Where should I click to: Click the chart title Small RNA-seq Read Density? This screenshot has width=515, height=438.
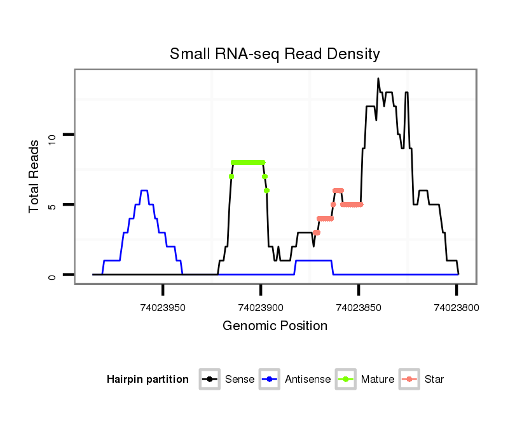[x=275, y=54]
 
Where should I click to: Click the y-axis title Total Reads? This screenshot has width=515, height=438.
[x=36, y=176]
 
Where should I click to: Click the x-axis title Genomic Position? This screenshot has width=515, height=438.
[x=275, y=326]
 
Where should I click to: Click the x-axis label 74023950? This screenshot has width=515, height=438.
[x=163, y=308]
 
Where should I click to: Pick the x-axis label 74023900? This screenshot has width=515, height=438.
[x=261, y=308]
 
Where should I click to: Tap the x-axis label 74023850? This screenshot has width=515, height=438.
[x=359, y=308]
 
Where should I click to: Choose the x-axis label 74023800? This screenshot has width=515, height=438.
[x=457, y=308]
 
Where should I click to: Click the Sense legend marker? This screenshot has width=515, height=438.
[x=209, y=380]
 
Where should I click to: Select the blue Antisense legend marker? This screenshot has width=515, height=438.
[x=270, y=380]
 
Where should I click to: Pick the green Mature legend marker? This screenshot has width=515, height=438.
[x=346, y=380]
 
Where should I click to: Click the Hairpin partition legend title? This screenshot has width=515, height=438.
[x=148, y=380]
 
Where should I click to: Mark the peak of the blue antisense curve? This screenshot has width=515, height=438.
[x=144, y=190]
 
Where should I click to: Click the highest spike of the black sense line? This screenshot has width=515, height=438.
[x=378, y=79]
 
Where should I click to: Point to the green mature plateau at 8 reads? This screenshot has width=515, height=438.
[x=248, y=162]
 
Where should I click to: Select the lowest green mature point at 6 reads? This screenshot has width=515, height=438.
[x=267, y=190]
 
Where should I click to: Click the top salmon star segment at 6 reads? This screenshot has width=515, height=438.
[x=338, y=190]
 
